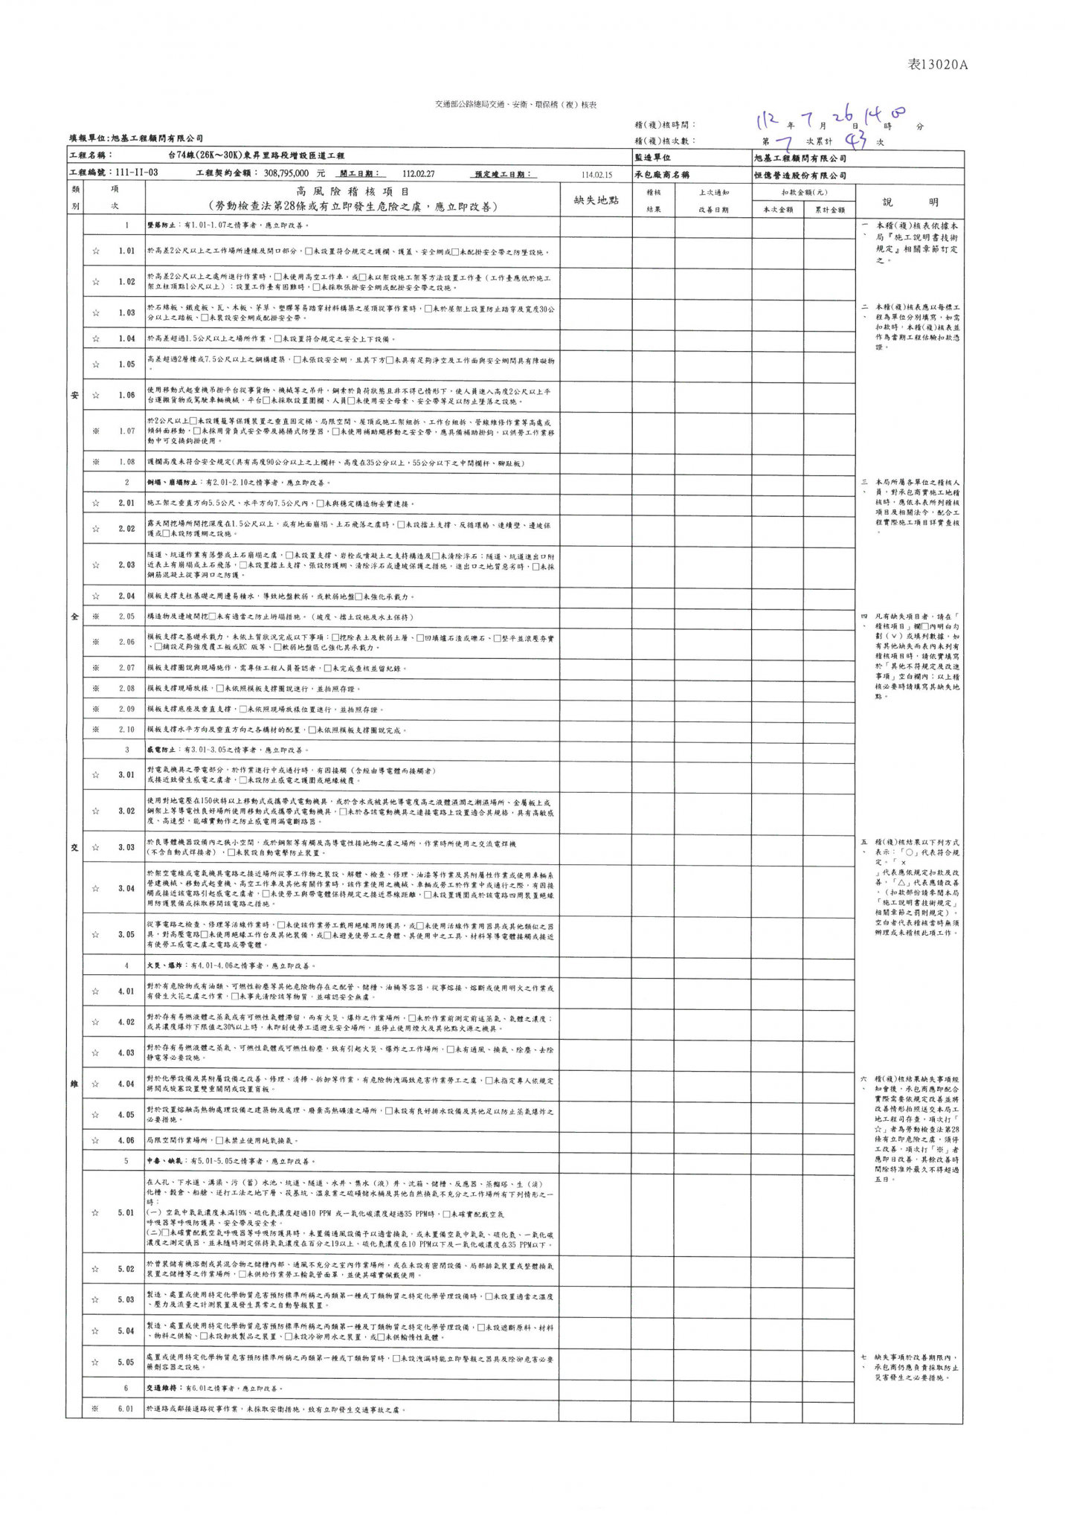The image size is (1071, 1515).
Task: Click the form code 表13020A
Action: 938,65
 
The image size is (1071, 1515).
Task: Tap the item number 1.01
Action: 126,251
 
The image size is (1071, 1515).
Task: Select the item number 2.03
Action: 126,565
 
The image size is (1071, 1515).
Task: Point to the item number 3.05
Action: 126,935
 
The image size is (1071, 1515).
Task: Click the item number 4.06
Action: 126,1140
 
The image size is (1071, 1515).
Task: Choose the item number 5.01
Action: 126,1213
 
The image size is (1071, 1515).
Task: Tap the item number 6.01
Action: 126,1409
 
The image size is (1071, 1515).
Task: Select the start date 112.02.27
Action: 419,173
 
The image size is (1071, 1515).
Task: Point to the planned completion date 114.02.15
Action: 596,174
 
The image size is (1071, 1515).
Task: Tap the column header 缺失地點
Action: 596,200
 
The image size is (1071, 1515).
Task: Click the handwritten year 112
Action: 766,120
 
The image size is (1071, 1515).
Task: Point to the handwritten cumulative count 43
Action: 857,140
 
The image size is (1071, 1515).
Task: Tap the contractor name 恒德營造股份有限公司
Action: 800,176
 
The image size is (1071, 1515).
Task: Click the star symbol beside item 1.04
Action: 96,339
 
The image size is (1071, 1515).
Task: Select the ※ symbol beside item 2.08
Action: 96,689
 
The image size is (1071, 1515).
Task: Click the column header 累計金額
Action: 829,210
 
